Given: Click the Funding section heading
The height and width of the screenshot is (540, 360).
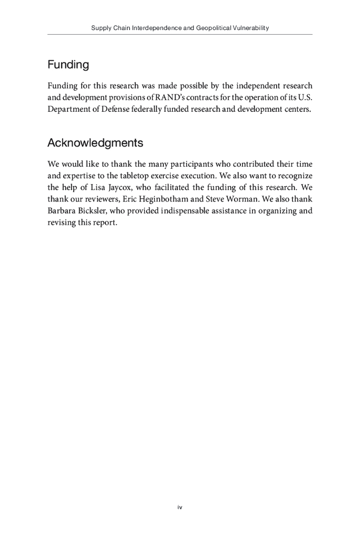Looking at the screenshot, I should pyautogui.click(x=68, y=65).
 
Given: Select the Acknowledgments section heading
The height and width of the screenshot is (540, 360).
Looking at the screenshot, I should pyautogui.click(x=95, y=143).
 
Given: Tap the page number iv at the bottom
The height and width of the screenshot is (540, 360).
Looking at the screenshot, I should pyautogui.click(x=180, y=507).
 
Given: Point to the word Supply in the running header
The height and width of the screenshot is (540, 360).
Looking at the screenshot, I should pyautogui.click(x=101, y=28).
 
